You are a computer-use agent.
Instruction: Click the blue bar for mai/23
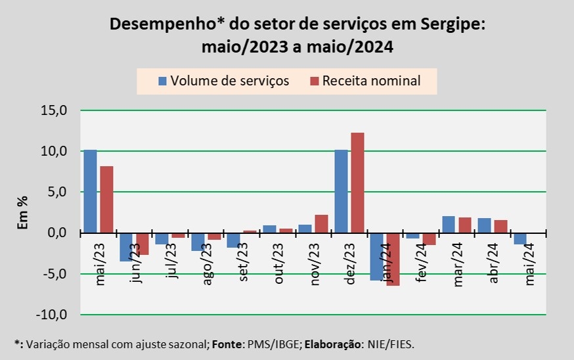pos(90,191)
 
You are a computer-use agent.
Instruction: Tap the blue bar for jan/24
pos(377,256)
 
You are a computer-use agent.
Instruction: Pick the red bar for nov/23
pos(321,223)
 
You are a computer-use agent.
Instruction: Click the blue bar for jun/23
pos(126,247)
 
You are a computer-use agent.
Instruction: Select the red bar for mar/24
pos(465,225)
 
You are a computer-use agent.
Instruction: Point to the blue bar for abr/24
pos(484,225)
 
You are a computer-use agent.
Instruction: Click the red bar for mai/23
pos(106,199)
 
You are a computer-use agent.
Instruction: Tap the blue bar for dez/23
pos(342,191)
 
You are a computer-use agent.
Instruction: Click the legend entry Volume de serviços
pos(223,81)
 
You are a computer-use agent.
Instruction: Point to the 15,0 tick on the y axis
pos(54,110)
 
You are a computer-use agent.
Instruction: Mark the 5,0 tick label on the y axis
pos(56,192)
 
